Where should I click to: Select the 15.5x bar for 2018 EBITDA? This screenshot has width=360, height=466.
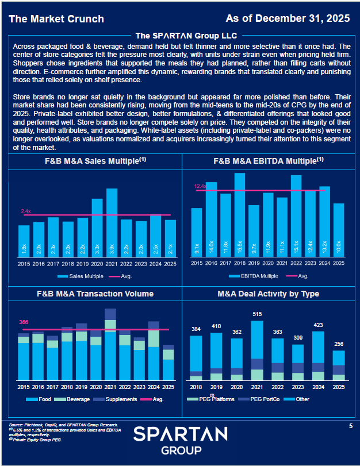point(239,215)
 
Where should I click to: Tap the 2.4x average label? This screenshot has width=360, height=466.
point(26,211)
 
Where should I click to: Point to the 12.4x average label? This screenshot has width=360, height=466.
point(200,186)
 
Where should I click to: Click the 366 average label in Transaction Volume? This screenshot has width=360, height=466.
point(24,322)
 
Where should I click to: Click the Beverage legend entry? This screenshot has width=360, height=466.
point(78,399)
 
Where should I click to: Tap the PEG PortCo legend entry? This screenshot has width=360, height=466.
point(266,399)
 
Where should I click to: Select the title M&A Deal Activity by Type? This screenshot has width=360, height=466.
point(268,294)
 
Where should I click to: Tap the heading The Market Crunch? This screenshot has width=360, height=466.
point(56,19)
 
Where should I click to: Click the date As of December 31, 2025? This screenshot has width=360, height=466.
point(288,18)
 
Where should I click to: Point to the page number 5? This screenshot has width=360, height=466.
point(351,426)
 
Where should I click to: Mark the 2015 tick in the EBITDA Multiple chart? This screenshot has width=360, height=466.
point(197,263)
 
